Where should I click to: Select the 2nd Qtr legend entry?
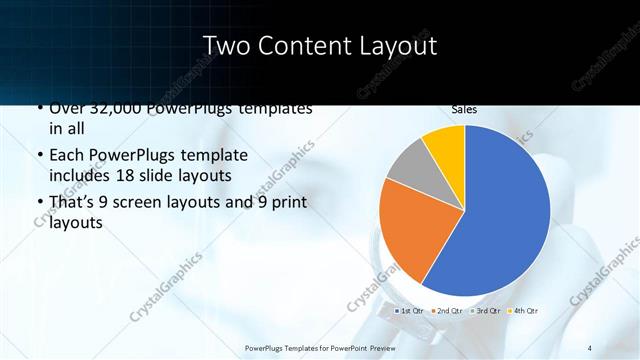[448, 311]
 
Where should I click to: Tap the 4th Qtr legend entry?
[525, 311]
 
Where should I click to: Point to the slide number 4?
[590, 347]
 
